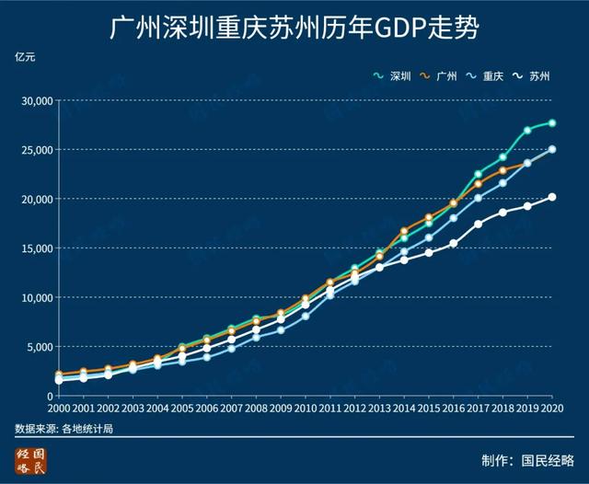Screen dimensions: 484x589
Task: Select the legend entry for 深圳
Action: point(395,76)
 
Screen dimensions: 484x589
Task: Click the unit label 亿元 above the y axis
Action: point(25,58)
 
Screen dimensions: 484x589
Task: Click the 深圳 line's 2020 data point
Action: point(552,123)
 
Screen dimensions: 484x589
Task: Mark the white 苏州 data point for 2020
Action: point(552,197)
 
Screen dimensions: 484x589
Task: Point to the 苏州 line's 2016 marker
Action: point(454,244)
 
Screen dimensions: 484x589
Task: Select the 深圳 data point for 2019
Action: point(527,131)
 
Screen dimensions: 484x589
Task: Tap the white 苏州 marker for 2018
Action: point(502,213)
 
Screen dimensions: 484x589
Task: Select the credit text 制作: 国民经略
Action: point(527,460)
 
